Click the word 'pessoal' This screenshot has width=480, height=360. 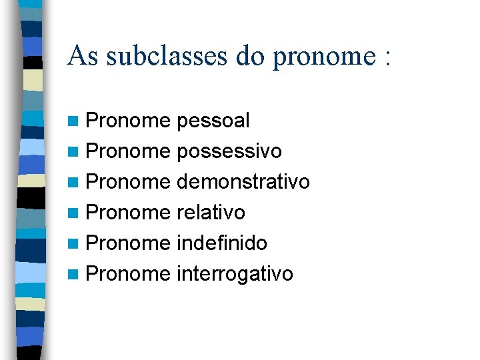click(213, 121)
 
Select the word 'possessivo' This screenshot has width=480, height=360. click(229, 152)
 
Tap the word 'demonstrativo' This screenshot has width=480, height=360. click(243, 182)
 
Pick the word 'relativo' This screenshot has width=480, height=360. click(211, 213)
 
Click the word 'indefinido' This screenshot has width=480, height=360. click(222, 243)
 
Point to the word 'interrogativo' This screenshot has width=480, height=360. click(235, 274)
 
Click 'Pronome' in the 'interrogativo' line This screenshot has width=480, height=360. click(129, 274)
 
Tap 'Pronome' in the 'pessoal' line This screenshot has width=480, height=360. click(129, 121)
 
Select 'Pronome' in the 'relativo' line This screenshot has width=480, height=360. click(129, 213)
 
